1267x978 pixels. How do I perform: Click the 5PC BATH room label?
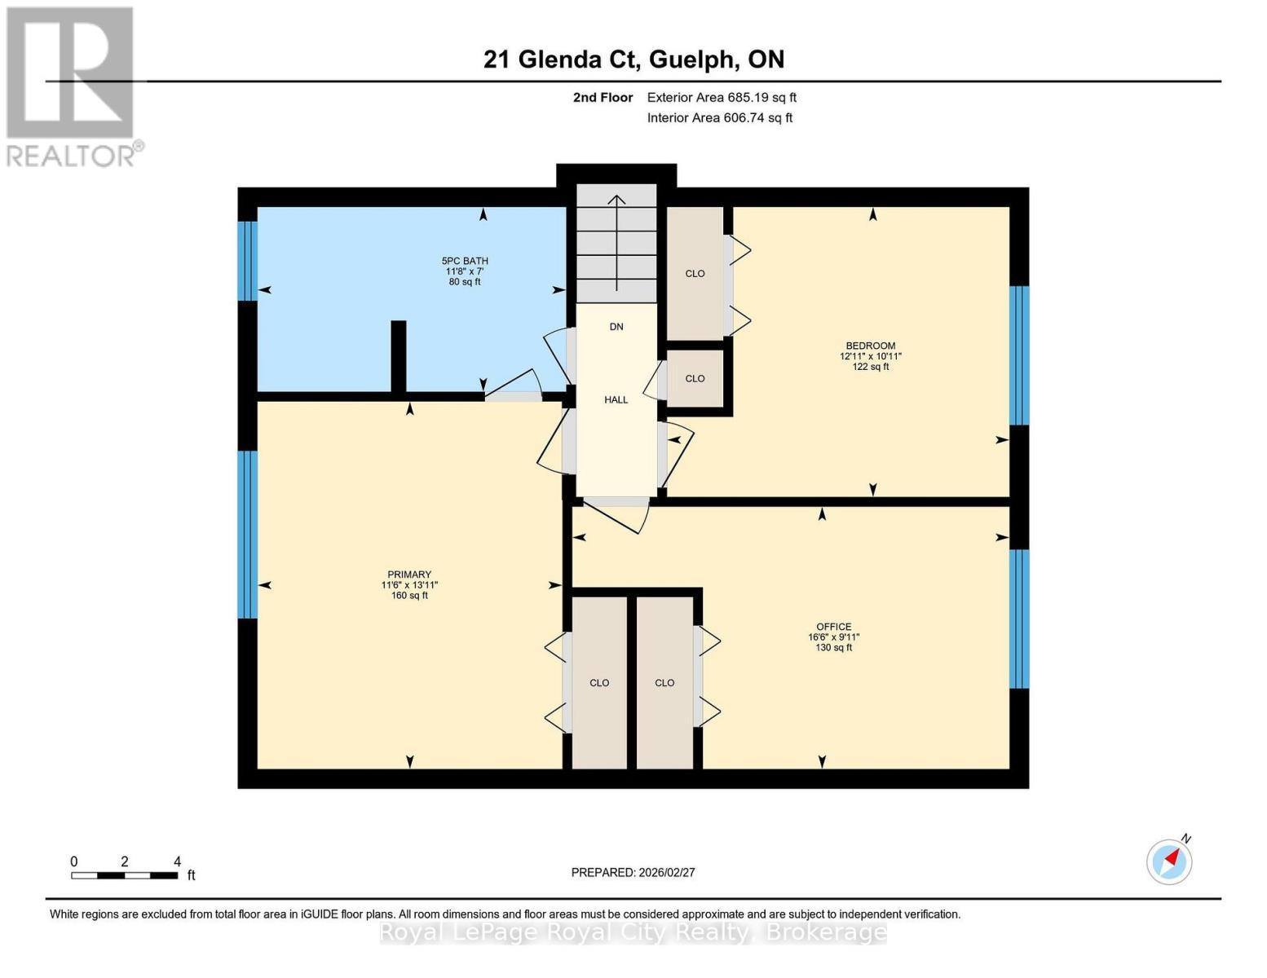click(x=465, y=261)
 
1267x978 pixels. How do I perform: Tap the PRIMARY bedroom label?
click(x=408, y=575)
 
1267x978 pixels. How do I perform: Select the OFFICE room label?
click(x=833, y=627)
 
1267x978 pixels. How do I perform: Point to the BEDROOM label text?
click(x=870, y=346)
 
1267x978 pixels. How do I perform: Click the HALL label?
click(x=616, y=399)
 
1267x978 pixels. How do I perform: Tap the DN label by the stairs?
click(x=616, y=327)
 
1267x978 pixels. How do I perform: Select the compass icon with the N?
click(x=1169, y=861)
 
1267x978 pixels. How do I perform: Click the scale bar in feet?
click(x=124, y=875)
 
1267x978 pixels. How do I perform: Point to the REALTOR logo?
click(x=71, y=86)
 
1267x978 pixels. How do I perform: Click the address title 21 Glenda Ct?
click(x=633, y=59)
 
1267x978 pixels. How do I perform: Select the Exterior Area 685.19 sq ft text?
click(x=722, y=98)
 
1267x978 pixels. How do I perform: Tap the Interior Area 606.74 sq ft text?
click(x=720, y=118)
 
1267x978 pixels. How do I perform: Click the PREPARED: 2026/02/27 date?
click(x=633, y=872)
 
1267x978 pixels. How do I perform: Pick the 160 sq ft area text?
click(x=409, y=596)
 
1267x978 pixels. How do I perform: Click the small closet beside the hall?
click(x=695, y=378)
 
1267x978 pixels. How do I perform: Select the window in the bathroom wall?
click(x=248, y=261)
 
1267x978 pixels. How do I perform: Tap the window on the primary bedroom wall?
click(x=248, y=534)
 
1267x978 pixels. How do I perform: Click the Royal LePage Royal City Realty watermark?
click(x=633, y=932)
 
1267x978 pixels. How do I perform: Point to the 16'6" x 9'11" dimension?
click(x=833, y=637)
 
